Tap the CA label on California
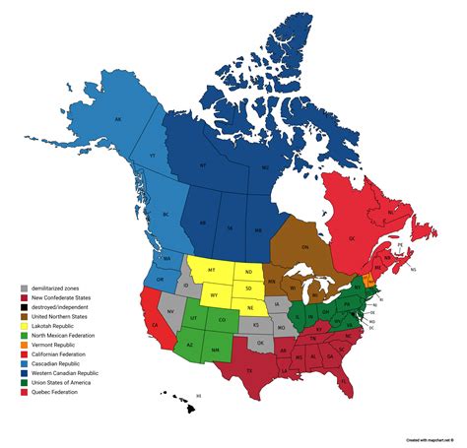tap(154, 322)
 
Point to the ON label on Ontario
tap(304, 247)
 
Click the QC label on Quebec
tap(377, 236)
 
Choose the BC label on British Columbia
tap(167, 214)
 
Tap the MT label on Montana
tap(212, 270)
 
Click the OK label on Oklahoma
tap(260, 342)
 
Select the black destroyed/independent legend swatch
tap(23, 305)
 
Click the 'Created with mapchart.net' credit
tap(428, 439)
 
